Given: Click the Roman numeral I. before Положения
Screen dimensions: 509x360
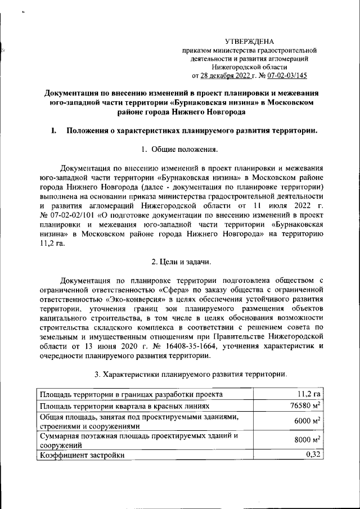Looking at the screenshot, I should point(53,131).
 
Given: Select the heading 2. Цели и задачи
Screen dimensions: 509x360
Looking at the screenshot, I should point(179,261).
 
